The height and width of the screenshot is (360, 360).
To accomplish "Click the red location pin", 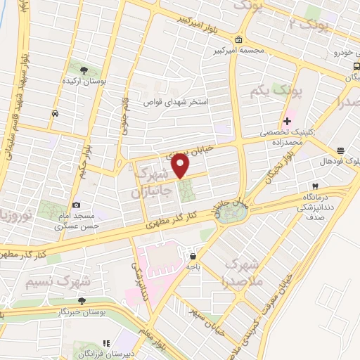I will pyautogui.click(x=181, y=166).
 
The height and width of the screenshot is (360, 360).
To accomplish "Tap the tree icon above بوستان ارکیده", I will pyautogui.click(x=84, y=70).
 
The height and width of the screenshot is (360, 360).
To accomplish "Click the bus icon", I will pyautogui.click(x=356, y=66).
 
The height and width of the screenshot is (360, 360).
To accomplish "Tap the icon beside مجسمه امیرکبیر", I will pyautogui.click(x=240, y=39).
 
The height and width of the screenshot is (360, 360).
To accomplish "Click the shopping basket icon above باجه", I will pyautogui.click(x=193, y=256).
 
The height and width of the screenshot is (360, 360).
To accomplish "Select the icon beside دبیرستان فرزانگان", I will pyautogui.click(x=105, y=343).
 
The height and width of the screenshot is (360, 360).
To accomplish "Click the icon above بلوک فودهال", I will pyautogui.click(x=340, y=150).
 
